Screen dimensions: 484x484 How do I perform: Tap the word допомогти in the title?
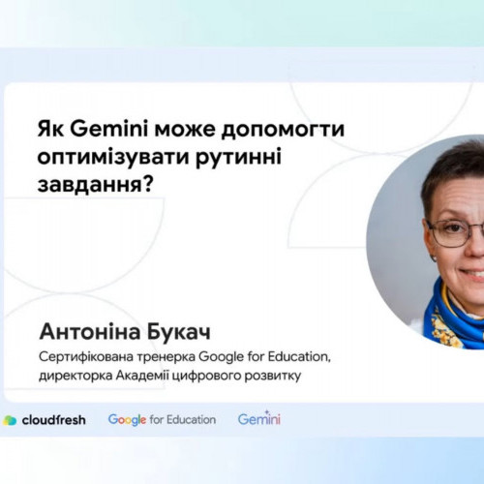(x=283, y=131)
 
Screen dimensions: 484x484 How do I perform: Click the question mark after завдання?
(x=147, y=185)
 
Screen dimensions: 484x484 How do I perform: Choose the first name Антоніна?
(x=89, y=332)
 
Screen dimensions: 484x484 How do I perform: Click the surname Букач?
(x=178, y=332)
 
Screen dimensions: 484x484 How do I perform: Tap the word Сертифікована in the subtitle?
(x=85, y=357)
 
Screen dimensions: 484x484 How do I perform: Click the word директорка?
(x=76, y=376)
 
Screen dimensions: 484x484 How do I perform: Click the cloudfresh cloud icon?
(x=10, y=420)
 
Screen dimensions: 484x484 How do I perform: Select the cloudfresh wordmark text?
(x=53, y=420)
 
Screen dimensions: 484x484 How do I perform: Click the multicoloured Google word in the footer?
(x=127, y=420)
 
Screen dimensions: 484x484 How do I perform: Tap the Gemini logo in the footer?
(x=259, y=418)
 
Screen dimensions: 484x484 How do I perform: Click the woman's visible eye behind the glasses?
(x=454, y=228)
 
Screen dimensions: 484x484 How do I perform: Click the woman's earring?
(x=434, y=257)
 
